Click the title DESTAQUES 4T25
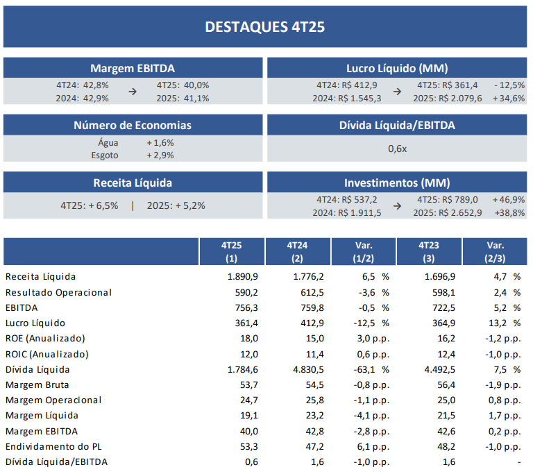coord(265,26)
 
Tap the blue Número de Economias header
coord(133,126)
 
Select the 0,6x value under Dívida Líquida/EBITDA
coord(397,149)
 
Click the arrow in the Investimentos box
coord(397,206)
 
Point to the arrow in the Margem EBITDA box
coord(133,91)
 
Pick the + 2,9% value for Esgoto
coord(160,155)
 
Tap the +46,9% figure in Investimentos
coord(509,200)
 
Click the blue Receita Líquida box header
coord(133,183)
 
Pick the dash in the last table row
coord(518,462)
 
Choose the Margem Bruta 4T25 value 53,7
coord(247,385)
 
